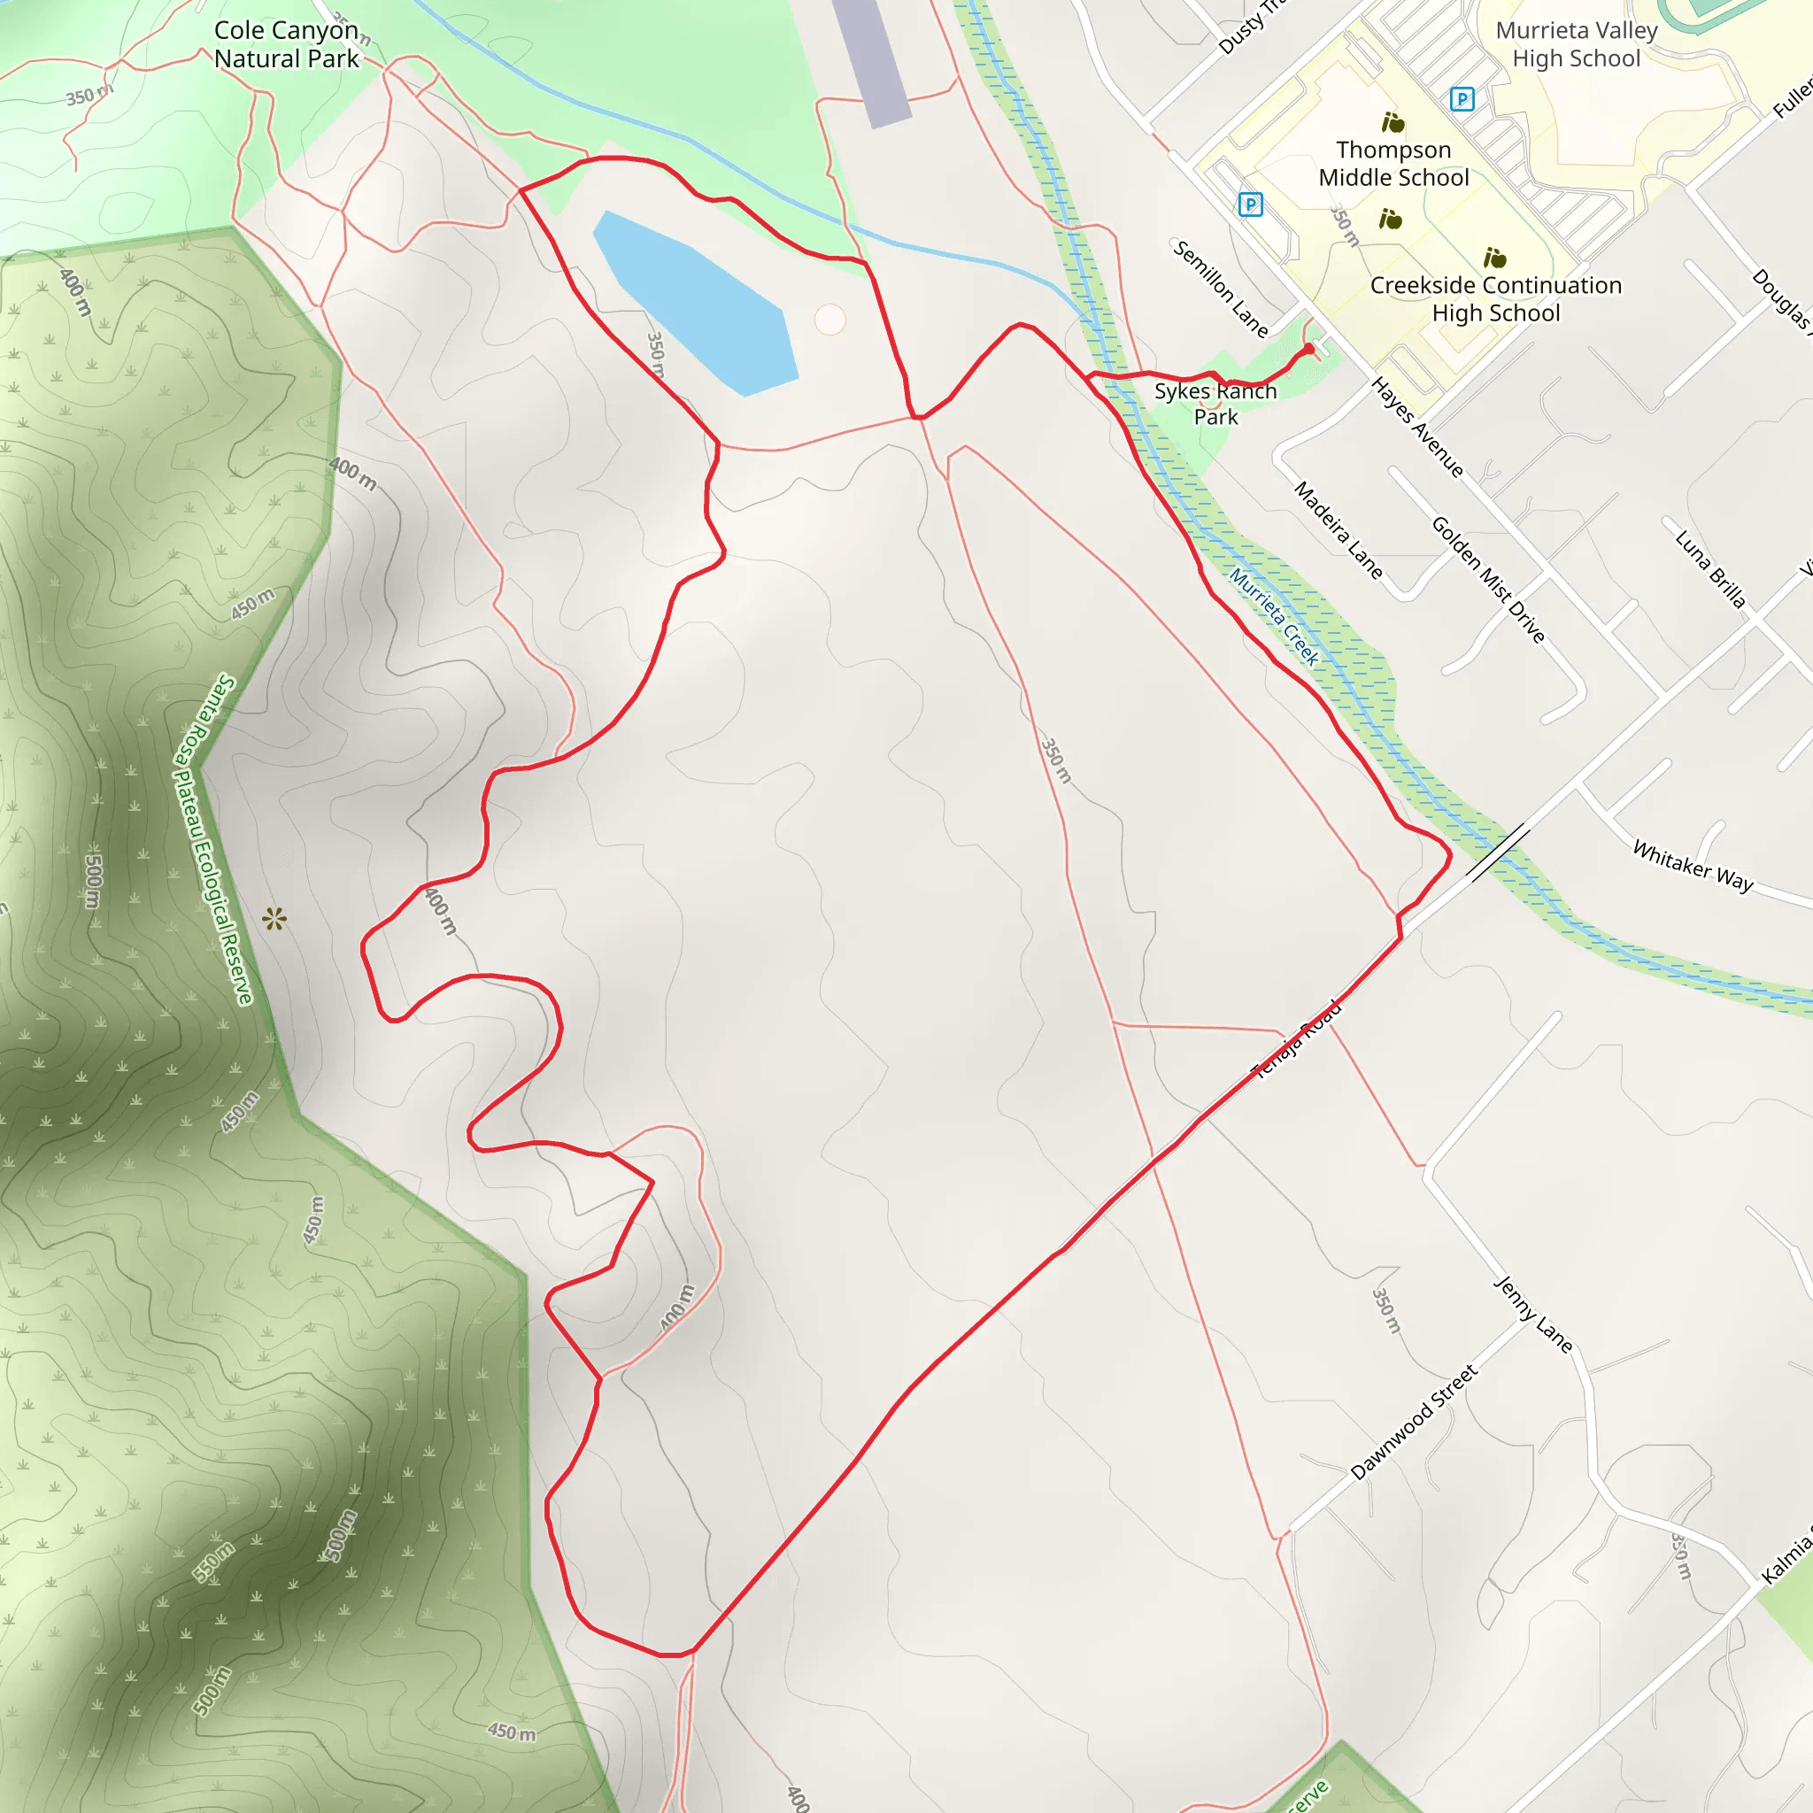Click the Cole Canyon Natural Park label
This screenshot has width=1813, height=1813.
[x=286, y=44]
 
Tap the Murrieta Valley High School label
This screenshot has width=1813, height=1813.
[x=1576, y=44]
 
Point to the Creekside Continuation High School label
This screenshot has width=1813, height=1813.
[x=1496, y=298]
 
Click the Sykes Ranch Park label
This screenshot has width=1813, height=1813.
[x=1215, y=404]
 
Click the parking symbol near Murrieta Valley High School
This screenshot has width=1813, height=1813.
[x=1461, y=98]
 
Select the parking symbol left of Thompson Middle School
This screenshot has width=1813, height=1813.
[x=1250, y=204]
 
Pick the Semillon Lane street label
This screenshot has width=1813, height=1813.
[x=1221, y=288]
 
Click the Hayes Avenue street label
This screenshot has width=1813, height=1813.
[x=1417, y=427]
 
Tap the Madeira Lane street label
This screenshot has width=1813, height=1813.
[x=1339, y=530]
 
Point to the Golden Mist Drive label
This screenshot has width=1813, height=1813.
[x=1487, y=579]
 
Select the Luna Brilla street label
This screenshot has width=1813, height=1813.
[x=1709, y=568]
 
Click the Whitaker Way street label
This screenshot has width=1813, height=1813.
[x=1693, y=864]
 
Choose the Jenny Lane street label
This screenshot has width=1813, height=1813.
[x=1532, y=1313]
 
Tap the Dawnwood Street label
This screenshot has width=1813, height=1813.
[x=1413, y=1422]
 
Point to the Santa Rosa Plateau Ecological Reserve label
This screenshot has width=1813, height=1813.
[x=214, y=839]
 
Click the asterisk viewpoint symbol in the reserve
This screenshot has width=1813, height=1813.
[x=274, y=919]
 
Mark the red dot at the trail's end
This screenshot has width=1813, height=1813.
[x=1309, y=349]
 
